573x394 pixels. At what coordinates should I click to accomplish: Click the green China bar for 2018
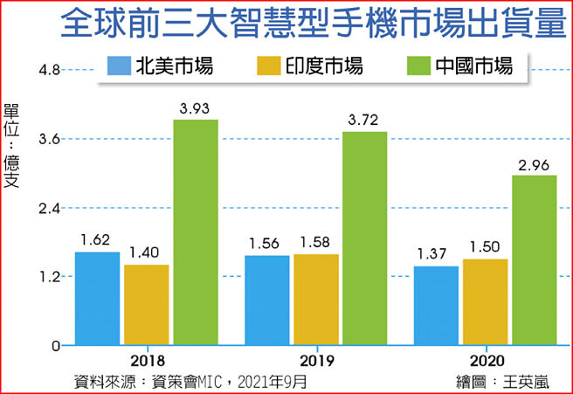pos(195,232)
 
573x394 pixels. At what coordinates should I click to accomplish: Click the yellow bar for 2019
pos(315,300)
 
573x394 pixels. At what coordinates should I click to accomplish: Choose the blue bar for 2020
pos(436,306)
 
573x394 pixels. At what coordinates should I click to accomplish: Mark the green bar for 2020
pos(534,260)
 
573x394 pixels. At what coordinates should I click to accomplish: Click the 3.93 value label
pos(195,108)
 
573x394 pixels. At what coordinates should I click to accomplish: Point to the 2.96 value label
pos(534,164)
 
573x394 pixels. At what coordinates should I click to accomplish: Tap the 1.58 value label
pos(315,243)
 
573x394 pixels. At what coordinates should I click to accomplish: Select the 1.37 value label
pos(436,255)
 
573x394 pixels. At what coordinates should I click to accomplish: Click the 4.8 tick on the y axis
pos(47,70)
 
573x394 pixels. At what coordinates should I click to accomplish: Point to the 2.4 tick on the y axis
pos(47,208)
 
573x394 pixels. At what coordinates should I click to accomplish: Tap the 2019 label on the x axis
pos(315,361)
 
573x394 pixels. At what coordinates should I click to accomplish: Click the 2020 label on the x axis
pos(486,361)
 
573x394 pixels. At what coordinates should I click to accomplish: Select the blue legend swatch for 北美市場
pos(117,66)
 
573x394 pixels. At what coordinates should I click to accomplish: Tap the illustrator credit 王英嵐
pos(526,381)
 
